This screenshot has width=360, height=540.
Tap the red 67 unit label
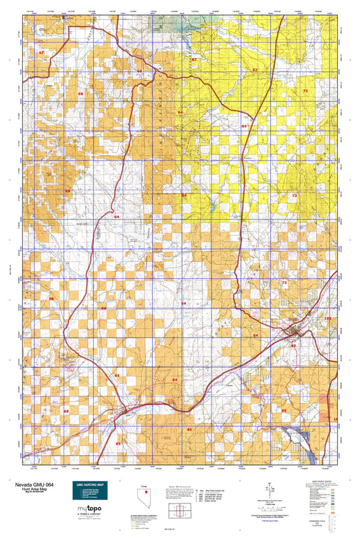41,52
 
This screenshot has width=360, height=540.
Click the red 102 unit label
328,318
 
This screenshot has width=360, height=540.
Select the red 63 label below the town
293,345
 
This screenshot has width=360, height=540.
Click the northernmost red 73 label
305,90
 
